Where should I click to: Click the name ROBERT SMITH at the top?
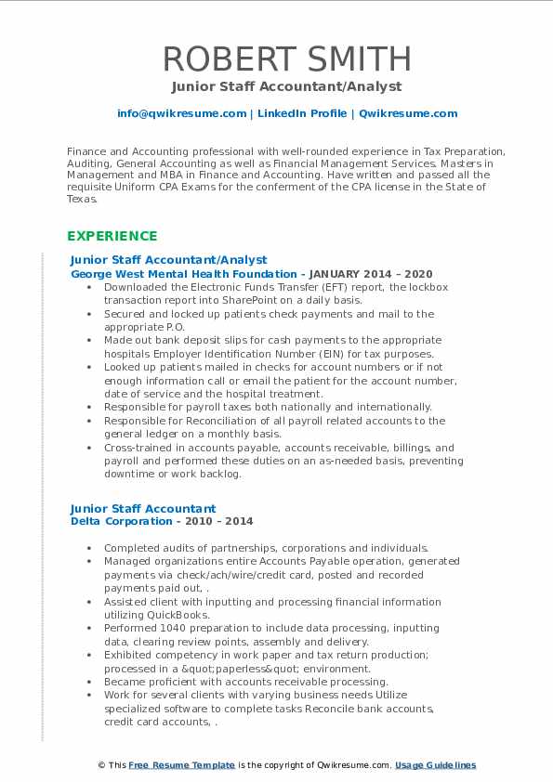pyautogui.click(x=286, y=59)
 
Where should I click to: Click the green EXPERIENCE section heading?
pyautogui.click(x=112, y=236)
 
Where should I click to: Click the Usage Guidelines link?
pyautogui.click(x=435, y=765)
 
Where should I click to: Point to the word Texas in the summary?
pyautogui.click(x=83, y=199)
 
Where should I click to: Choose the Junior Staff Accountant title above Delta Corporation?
pyautogui.click(x=143, y=508)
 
